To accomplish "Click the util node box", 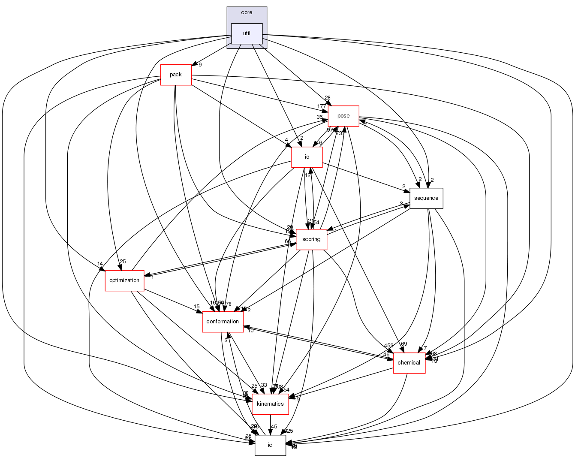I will click(247, 33).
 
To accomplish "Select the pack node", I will click(176, 75).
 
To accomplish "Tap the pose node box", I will click(343, 116).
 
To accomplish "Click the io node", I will click(307, 157).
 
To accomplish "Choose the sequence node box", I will click(426, 198).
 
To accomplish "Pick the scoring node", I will click(311, 239).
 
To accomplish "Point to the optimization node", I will click(124, 280).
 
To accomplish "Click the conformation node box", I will click(223, 322).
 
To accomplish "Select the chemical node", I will click(409, 363).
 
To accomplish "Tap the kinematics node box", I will click(270, 404).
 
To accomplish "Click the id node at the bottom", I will click(270, 445).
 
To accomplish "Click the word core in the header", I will click(247, 12).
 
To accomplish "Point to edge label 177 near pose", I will click(322, 106).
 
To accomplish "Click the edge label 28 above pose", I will click(328, 98).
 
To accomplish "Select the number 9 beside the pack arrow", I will click(200, 65).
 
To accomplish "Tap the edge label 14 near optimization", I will click(100, 264).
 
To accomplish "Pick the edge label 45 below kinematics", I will click(274, 427).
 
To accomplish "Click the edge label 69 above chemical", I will click(404, 344).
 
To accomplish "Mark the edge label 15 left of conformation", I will click(196, 307).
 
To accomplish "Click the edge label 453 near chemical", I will click(388, 346).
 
